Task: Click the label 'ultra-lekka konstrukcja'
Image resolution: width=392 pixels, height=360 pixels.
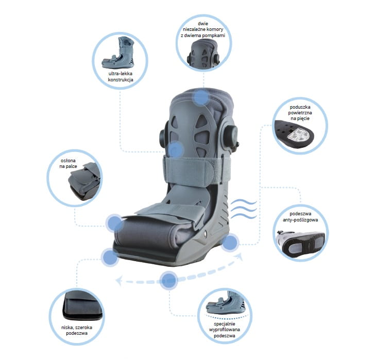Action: pyautogui.click(x=120, y=77)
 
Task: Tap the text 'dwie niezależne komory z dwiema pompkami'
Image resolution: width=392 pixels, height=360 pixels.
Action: pyautogui.click(x=203, y=29)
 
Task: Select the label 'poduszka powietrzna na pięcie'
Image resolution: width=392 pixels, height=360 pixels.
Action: pyautogui.click(x=300, y=112)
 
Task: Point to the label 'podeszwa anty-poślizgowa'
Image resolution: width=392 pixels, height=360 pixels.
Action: pyautogui.click(x=300, y=217)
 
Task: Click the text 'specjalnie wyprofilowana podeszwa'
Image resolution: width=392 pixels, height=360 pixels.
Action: pyautogui.click(x=225, y=330)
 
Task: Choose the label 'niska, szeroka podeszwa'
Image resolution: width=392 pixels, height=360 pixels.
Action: pyautogui.click(x=77, y=330)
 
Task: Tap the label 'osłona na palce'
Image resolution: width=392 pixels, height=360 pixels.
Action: pyautogui.click(x=68, y=163)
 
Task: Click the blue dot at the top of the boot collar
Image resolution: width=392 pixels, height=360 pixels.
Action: pyautogui.click(x=201, y=97)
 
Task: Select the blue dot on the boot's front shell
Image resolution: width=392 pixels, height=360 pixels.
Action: pyautogui.click(x=176, y=150)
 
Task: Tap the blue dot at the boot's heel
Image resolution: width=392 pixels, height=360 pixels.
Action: pyautogui.click(x=230, y=243)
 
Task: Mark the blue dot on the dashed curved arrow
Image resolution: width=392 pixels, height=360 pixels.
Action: pyautogui.click(x=169, y=280)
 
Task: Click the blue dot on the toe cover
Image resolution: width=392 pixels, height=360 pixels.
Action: pyautogui.click(x=114, y=223)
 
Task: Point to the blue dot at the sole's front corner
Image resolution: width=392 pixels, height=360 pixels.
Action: pyautogui.click(x=110, y=257)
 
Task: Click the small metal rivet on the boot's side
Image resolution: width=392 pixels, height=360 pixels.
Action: pyautogui.click(x=206, y=233)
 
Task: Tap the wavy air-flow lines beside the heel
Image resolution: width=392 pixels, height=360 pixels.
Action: pyautogui.click(x=244, y=209)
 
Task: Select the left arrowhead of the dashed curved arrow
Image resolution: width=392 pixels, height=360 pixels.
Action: pyautogui.click(x=119, y=281)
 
